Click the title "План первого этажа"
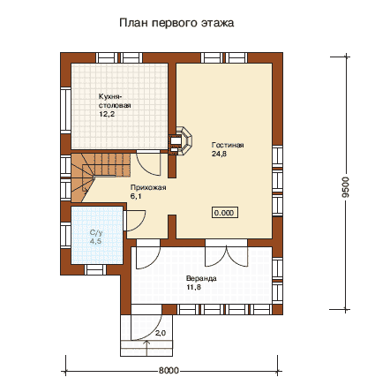point(176,23)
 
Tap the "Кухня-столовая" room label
point(115,101)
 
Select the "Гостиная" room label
point(228,145)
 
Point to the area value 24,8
point(219,154)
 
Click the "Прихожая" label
point(148,187)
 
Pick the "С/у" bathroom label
point(96,233)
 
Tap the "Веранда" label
point(201,278)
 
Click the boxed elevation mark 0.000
point(224,213)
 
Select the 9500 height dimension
point(347,187)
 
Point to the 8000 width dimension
point(169,370)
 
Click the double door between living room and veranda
point(226,253)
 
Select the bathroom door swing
point(135,221)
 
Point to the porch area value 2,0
point(161,333)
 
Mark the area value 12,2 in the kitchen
point(107,114)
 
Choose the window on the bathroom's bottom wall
point(94,269)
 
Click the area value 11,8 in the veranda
point(193,287)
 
